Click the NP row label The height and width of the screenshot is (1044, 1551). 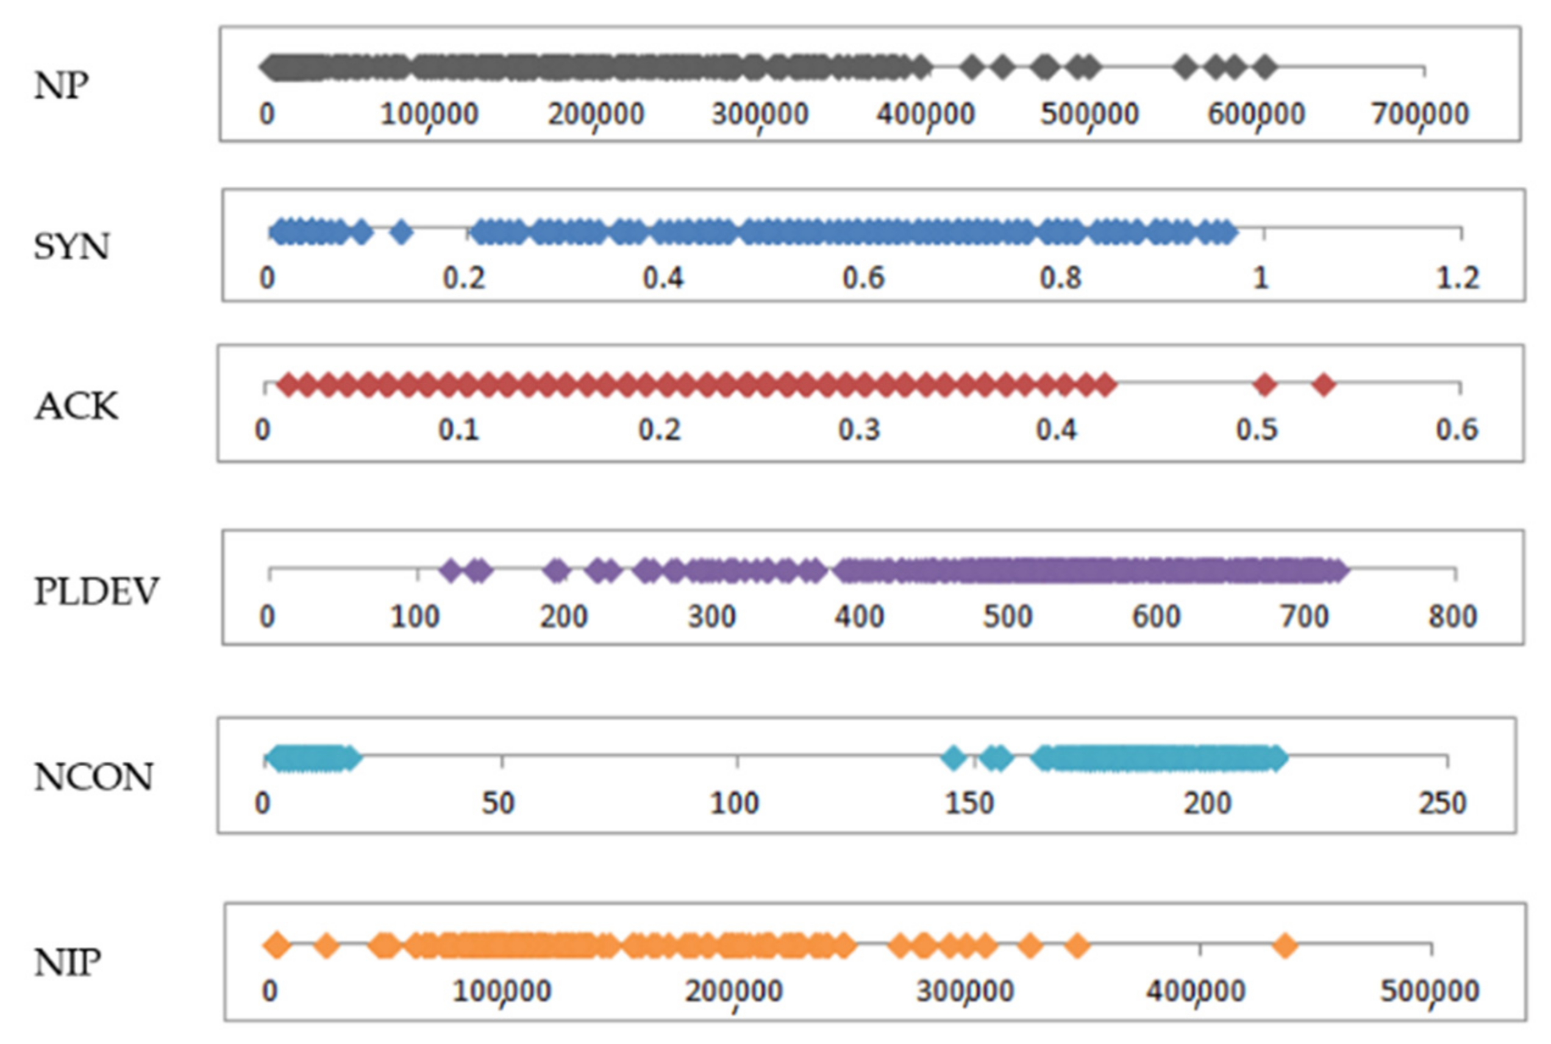[62, 85]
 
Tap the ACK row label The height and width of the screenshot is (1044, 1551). [76, 406]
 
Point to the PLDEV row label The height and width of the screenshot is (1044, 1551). [96, 591]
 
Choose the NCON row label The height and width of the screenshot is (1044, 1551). [93, 777]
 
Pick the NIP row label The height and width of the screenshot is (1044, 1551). [67, 963]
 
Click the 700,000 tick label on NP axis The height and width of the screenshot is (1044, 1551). [1420, 115]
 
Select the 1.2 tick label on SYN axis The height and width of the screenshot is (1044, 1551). [1458, 277]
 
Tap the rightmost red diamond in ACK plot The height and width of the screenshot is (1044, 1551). [1324, 384]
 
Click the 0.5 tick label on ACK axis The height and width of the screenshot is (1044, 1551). [1257, 430]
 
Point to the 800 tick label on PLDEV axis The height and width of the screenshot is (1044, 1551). [1452, 616]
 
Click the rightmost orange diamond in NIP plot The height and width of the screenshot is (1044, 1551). [1285, 945]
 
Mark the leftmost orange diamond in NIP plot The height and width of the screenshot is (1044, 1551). [277, 945]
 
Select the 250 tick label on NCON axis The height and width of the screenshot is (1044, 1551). [1442, 803]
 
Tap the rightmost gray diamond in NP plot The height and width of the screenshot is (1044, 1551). [1264, 67]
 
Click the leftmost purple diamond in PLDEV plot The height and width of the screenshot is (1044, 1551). [451, 571]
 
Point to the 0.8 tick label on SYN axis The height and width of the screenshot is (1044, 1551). [1061, 277]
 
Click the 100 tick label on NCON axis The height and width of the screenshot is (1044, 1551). [734, 803]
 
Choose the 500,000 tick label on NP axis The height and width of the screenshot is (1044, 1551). [1090, 115]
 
